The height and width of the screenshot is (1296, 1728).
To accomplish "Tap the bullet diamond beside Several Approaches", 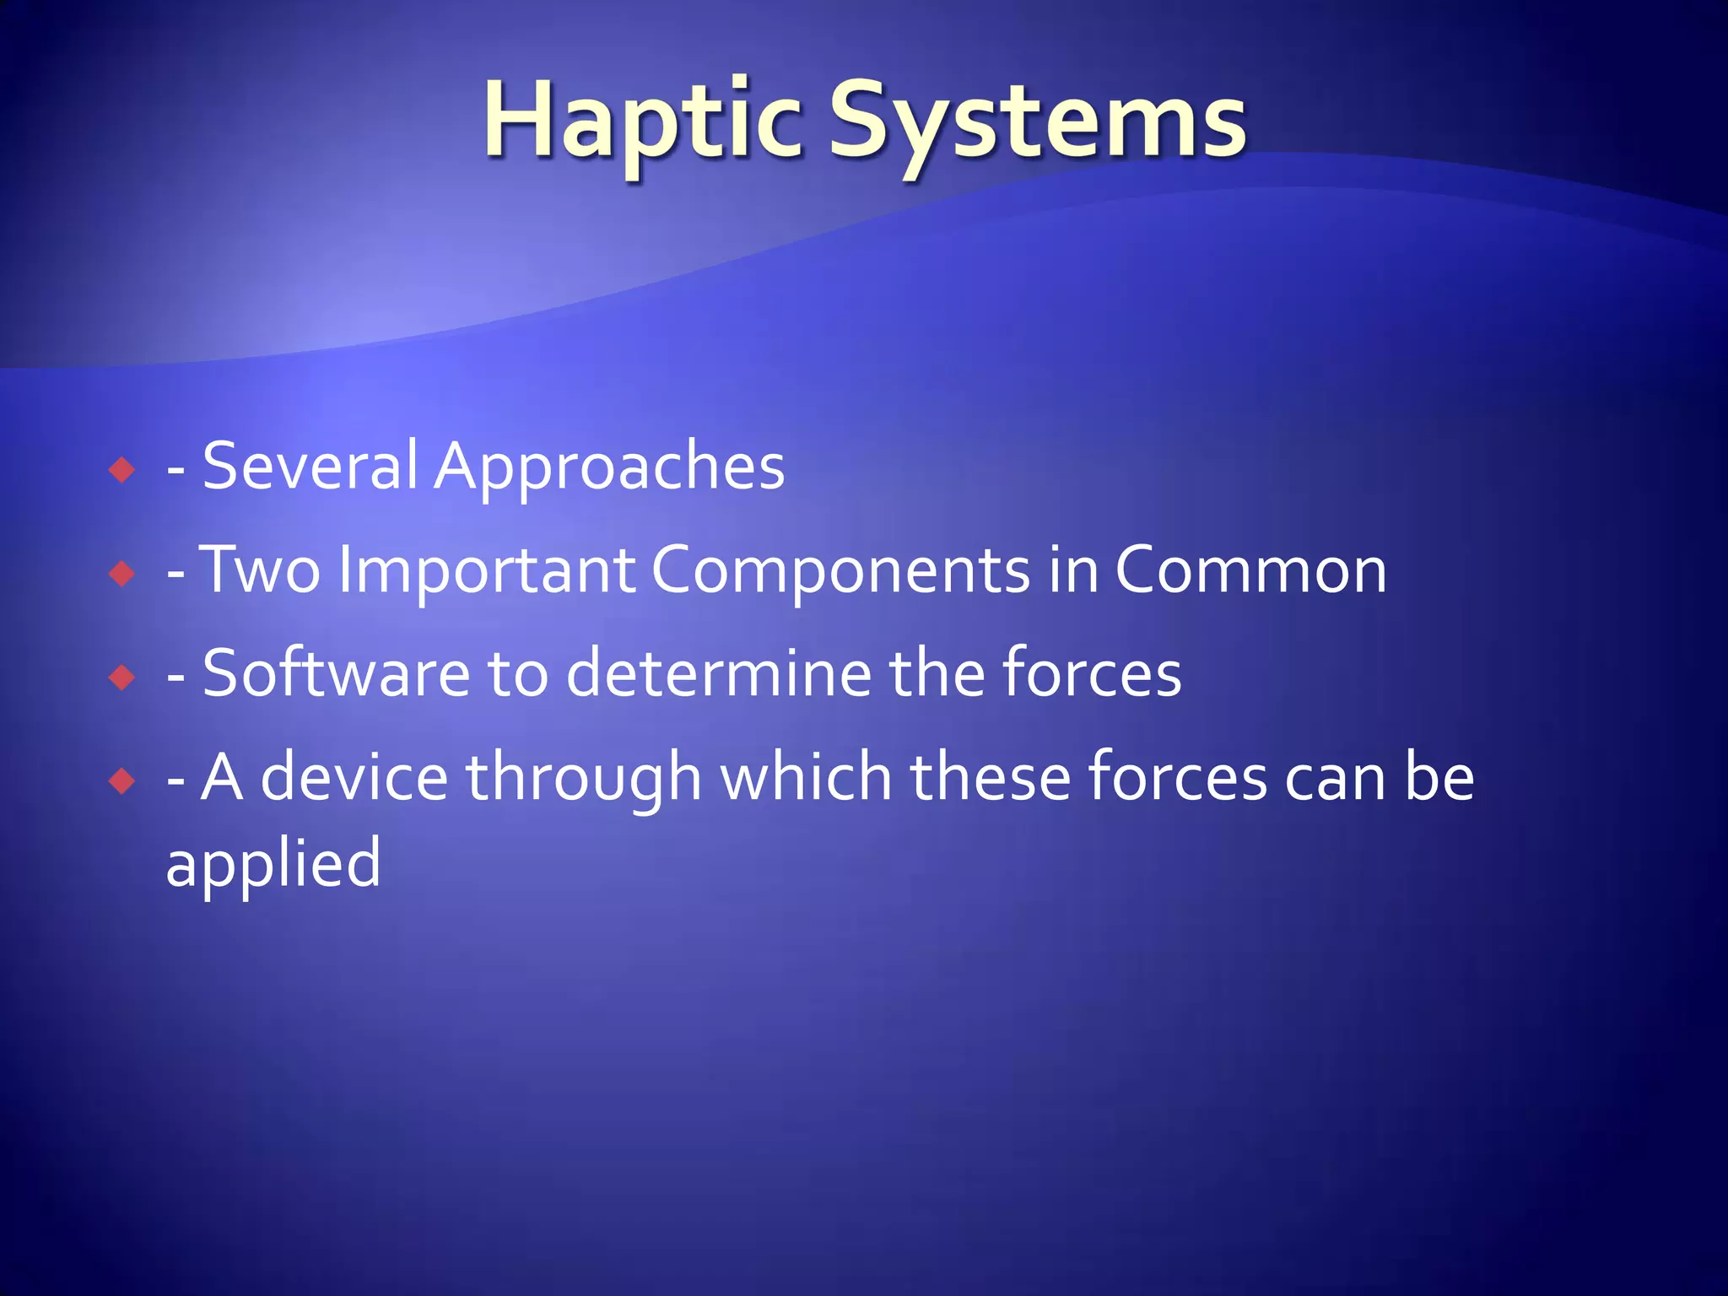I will click(122, 469).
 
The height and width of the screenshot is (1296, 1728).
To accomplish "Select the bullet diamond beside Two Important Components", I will click(122, 574).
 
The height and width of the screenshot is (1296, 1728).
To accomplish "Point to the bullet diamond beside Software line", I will click(122, 677).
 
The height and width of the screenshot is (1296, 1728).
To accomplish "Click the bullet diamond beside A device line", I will click(122, 780).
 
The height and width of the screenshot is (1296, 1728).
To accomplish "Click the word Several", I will click(310, 466).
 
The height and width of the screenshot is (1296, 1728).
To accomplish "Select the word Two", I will click(262, 570).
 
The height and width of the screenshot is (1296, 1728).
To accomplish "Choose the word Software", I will click(336, 673).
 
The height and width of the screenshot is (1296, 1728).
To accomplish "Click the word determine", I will click(718, 673).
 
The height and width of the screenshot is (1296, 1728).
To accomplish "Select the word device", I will click(354, 777).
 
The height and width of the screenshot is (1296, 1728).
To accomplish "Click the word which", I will click(807, 777).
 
